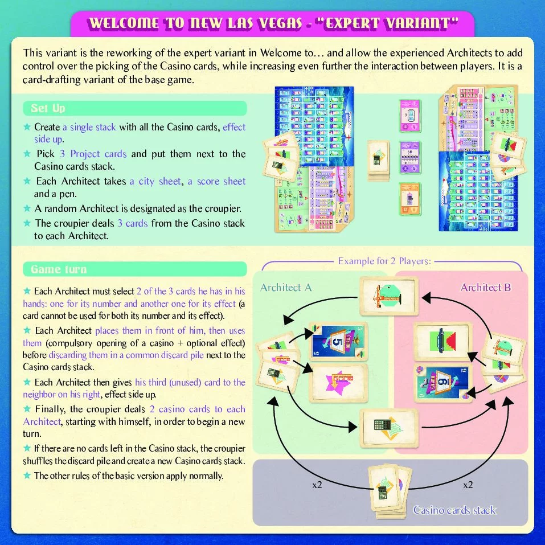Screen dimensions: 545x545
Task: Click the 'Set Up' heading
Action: tap(48, 108)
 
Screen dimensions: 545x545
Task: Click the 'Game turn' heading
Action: tap(58, 269)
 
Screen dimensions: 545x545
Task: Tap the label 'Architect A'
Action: tap(286, 288)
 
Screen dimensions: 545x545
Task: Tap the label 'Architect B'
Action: tap(486, 288)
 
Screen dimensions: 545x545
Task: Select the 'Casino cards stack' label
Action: tap(454, 510)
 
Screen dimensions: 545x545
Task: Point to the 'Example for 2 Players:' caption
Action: tap(384, 261)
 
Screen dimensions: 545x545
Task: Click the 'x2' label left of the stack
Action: tap(317, 485)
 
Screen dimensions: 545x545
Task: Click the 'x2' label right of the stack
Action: tap(468, 485)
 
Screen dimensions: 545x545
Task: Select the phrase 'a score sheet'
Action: tap(217, 181)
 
